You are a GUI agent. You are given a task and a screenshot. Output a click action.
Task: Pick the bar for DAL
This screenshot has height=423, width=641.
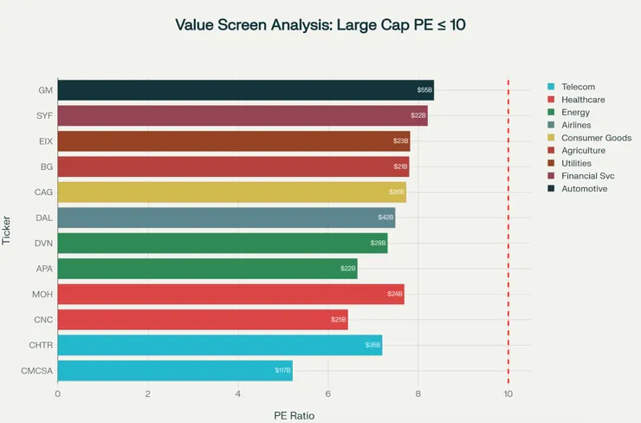[x=226, y=218]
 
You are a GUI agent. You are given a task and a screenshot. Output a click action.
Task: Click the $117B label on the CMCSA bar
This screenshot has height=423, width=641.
[x=282, y=371]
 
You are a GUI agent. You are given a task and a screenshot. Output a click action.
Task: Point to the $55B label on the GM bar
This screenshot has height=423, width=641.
[x=424, y=90]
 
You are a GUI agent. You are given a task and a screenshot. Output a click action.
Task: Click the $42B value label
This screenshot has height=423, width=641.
[x=385, y=218]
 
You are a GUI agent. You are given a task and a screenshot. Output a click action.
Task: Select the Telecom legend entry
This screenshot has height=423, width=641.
[x=578, y=87]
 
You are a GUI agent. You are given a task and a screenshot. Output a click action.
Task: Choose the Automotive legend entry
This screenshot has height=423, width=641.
[x=584, y=188]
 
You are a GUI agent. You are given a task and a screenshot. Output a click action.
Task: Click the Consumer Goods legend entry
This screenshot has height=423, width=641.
[x=596, y=138]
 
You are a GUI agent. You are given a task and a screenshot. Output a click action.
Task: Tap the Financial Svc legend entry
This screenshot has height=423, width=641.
[x=590, y=176]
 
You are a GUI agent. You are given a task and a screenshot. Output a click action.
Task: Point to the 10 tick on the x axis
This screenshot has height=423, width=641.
[x=508, y=394]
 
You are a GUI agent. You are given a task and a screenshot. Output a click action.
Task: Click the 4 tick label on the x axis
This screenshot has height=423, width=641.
[x=238, y=394]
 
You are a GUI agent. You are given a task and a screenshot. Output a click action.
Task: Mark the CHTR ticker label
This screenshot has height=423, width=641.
[x=42, y=346]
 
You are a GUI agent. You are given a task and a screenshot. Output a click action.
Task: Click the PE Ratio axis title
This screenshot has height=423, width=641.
[x=294, y=415]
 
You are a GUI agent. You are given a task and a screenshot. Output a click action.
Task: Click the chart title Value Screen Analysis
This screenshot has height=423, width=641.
[x=320, y=24]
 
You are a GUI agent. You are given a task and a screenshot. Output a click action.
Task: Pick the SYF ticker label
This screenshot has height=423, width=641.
[x=44, y=115]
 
